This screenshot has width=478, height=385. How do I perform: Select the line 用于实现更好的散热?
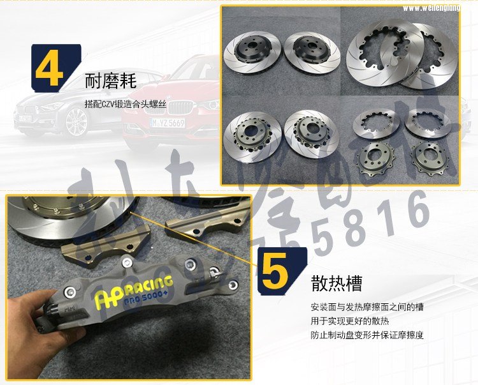point(350,321)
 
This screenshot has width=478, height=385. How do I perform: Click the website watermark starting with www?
point(439,8)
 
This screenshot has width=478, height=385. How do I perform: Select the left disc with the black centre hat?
point(254,54)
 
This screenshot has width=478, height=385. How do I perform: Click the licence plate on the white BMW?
point(25,119)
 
